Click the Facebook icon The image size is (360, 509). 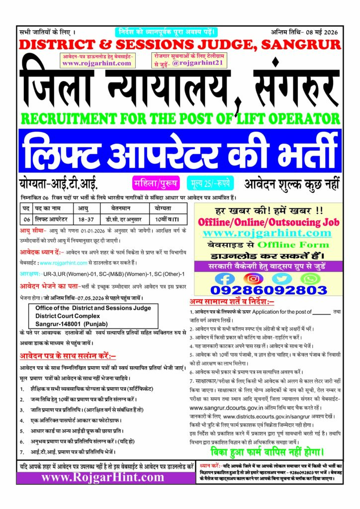(225, 278)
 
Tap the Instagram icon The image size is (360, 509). (254, 278)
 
